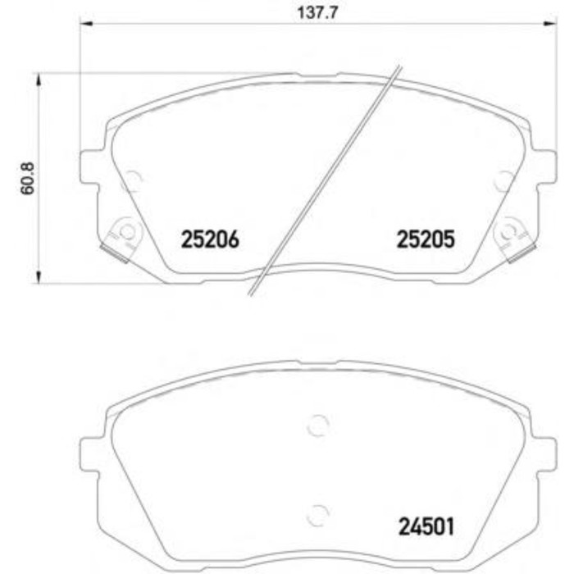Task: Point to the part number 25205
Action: [425, 239]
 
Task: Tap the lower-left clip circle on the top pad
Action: [125, 231]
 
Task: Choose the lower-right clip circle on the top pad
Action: [511, 231]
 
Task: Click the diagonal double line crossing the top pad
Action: [328, 180]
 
